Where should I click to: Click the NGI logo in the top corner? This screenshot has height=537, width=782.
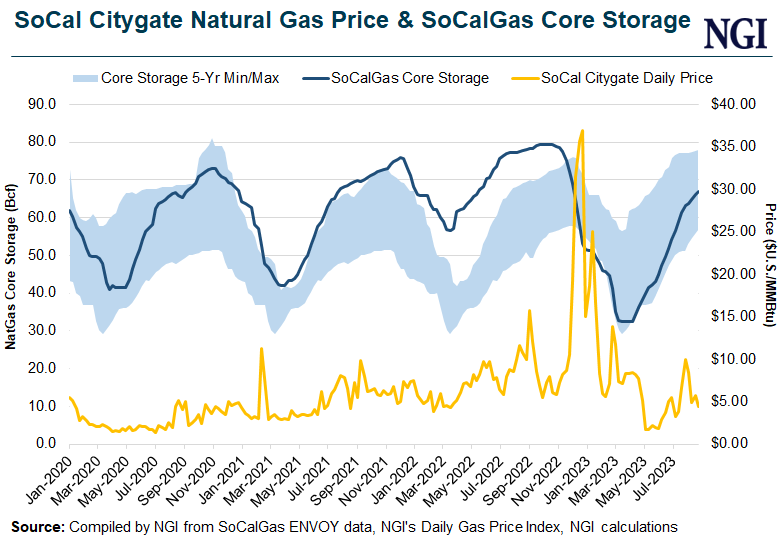(x=737, y=33)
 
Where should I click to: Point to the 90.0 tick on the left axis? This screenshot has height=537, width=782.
(x=39, y=103)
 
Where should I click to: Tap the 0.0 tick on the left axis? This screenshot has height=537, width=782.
(x=43, y=443)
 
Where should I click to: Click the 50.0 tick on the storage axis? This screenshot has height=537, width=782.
(x=39, y=254)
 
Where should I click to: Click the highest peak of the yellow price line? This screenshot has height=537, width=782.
(x=582, y=130)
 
